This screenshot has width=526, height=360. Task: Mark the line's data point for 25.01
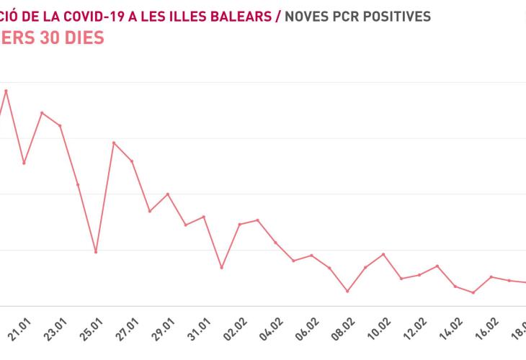pyautogui.click(x=96, y=252)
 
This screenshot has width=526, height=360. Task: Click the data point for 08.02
pyautogui.click(x=347, y=292)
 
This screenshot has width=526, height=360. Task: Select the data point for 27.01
pyautogui.click(x=132, y=161)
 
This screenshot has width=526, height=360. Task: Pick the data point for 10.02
pyautogui.click(x=383, y=254)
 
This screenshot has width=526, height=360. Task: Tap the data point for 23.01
pyautogui.click(x=60, y=126)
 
